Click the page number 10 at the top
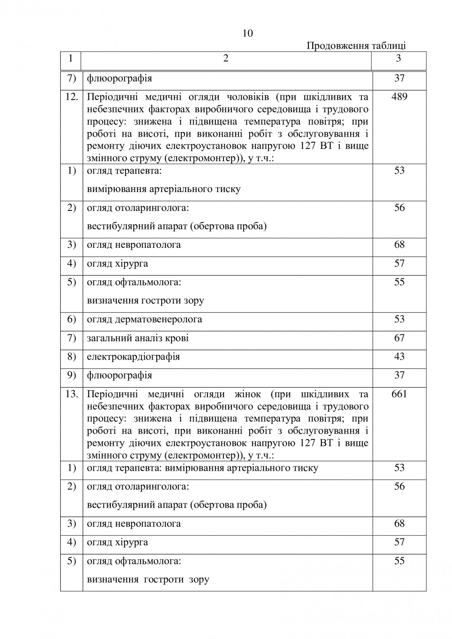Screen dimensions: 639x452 click(x=248, y=34)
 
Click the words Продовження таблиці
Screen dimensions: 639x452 click(x=356, y=46)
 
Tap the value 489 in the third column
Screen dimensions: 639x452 click(x=399, y=97)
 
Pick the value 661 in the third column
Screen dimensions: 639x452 click(x=399, y=394)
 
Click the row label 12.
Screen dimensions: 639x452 click(x=72, y=97)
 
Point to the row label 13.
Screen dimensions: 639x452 click(x=72, y=394)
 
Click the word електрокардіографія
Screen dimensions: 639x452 click(x=133, y=357)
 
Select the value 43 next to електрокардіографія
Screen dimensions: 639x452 click(x=399, y=356)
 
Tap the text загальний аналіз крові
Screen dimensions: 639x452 click(x=138, y=338)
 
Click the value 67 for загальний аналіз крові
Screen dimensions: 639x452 click(x=399, y=338)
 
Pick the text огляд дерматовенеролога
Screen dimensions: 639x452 click(x=145, y=319)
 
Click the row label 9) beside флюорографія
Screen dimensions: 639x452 click(x=72, y=375)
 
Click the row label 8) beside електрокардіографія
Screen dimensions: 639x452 click(x=72, y=356)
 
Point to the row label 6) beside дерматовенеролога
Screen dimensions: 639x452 click(x=72, y=319)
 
